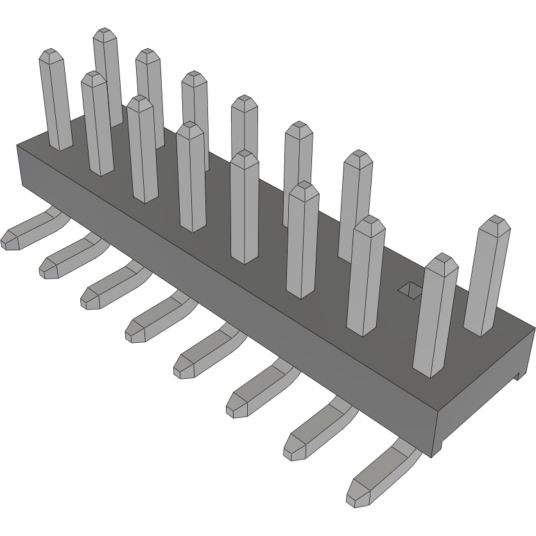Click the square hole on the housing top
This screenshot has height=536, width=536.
click(409, 290)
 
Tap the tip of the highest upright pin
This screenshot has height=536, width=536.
click(107, 34)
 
